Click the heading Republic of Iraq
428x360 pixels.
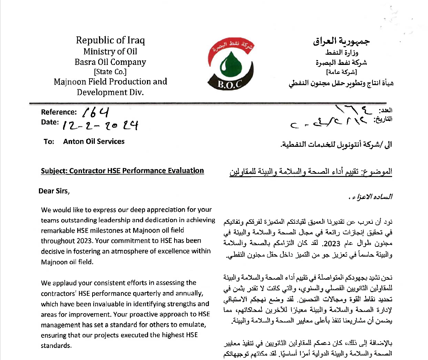(110, 40)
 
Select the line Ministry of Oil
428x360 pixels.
(110, 52)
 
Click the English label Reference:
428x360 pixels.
(59, 112)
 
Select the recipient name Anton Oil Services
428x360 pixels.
(94, 142)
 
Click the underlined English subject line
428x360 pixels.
(122, 171)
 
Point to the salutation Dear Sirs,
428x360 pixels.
(54, 191)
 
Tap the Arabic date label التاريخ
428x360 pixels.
(383, 120)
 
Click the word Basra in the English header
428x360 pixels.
(86, 62)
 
